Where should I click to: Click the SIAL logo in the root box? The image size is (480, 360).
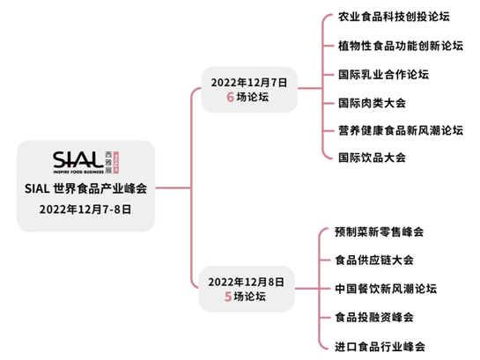click(85, 163)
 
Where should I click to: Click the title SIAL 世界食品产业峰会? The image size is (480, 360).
click(85, 188)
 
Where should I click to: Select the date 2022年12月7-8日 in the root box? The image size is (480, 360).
click(85, 209)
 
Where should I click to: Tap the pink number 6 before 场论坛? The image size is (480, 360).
click(230, 98)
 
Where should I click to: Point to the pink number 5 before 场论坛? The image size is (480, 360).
click(228, 297)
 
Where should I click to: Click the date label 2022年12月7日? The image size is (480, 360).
click(249, 83)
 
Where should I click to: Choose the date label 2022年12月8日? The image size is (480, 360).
click(247, 282)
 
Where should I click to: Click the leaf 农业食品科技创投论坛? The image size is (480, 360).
click(394, 17)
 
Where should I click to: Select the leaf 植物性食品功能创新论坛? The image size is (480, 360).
click(401, 46)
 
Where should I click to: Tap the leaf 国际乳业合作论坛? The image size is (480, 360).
click(384, 75)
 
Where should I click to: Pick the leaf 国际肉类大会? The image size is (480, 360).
click(372, 103)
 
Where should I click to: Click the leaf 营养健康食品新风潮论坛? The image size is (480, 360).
click(401, 130)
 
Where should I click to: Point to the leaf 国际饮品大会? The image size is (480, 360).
click(372, 158)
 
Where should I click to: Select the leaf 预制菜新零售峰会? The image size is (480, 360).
click(380, 231)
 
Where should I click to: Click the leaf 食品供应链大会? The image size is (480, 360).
click(374, 261)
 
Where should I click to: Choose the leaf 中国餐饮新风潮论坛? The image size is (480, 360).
click(386, 289)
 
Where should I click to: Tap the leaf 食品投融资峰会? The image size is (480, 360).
click(374, 317)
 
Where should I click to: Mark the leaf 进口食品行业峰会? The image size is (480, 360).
click(380, 347)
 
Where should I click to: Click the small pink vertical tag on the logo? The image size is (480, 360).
click(116, 163)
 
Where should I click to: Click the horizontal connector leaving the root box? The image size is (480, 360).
click(174, 187)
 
